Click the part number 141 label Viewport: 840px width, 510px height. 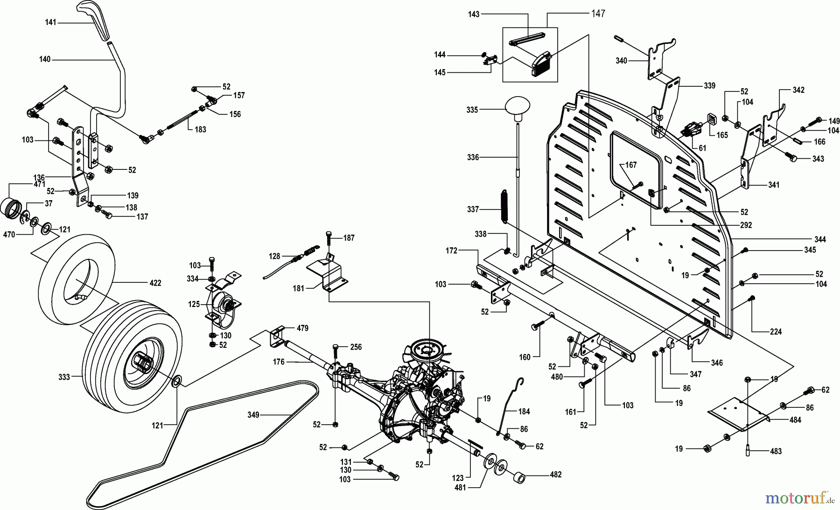[x=50, y=22]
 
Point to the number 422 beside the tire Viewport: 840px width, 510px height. [x=155, y=283]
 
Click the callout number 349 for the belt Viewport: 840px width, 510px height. [x=254, y=414]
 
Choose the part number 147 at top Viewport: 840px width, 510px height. [x=598, y=14]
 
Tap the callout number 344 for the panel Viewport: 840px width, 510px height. [x=819, y=239]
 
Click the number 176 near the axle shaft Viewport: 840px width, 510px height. [x=279, y=362]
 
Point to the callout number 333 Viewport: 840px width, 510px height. [x=64, y=377]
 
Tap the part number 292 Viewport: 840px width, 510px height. [x=746, y=225]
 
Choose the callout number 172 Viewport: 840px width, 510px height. [x=451, y=251]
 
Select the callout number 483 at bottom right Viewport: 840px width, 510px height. [x=775, y=451]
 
